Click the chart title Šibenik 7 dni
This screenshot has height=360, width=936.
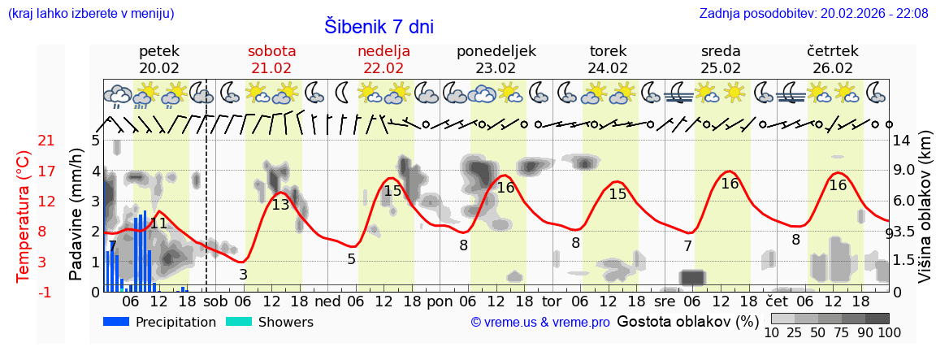tap(379, 26)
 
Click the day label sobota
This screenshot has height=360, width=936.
tap(271, 51)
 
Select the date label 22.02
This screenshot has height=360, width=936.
tap(383, 68)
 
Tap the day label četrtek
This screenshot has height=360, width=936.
tap(833, 51)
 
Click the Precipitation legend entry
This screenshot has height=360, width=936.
tap(159, 322)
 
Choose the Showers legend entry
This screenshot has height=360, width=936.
tap(267, 322)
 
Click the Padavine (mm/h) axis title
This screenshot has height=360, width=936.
tap(76, 215)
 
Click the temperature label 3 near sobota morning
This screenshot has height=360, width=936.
tap(243, 275)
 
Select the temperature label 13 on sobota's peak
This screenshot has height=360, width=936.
tap(280, 205)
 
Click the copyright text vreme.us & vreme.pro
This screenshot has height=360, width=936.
tap(540, 323)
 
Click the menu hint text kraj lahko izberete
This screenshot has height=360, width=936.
tap(90, 13)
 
